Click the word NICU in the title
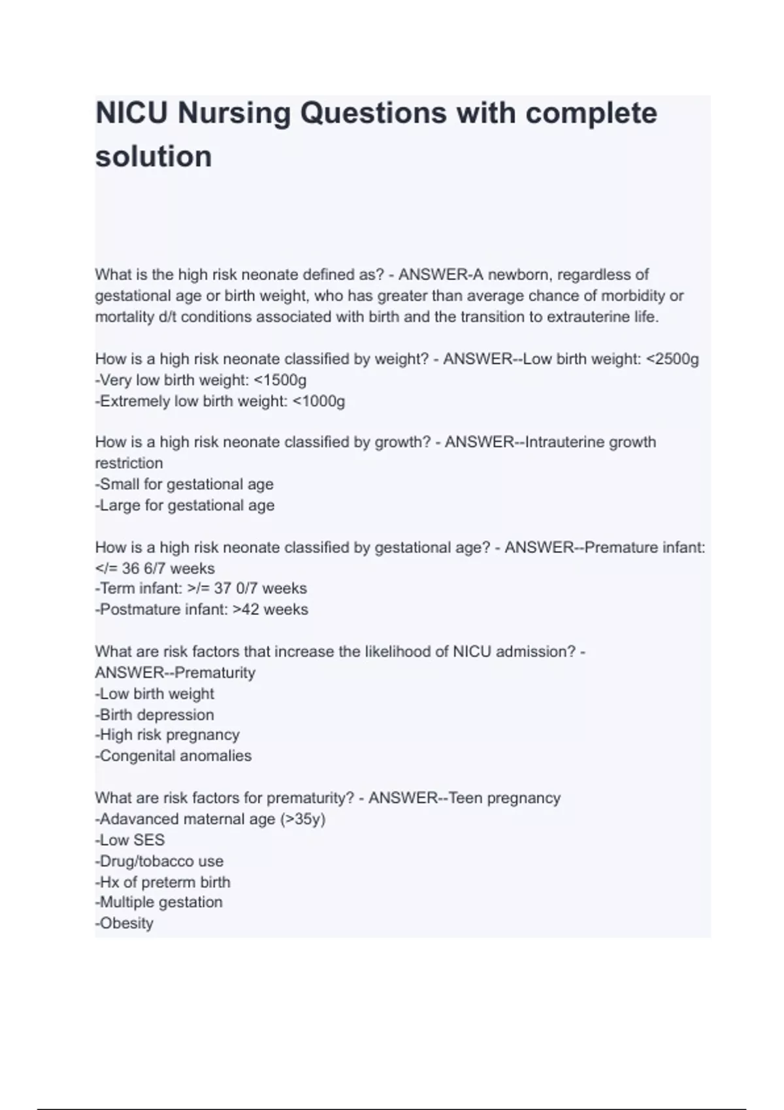click(x=133, y=113)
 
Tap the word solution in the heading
click(x=154, y=157)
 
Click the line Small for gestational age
click(x=185, y=484)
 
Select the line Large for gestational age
click(x=185, y=505)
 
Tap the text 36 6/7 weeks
click(x=168, y=568)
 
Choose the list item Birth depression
click(x=155, y=714)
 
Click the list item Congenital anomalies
click(x=174, y=755)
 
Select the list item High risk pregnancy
click(x=168, y=735)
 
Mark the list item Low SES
click(x=131, y=840)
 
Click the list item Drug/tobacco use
click(x=160, y=861)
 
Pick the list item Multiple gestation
click(x=159, y=902)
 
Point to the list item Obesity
click(x=125, y=923)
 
